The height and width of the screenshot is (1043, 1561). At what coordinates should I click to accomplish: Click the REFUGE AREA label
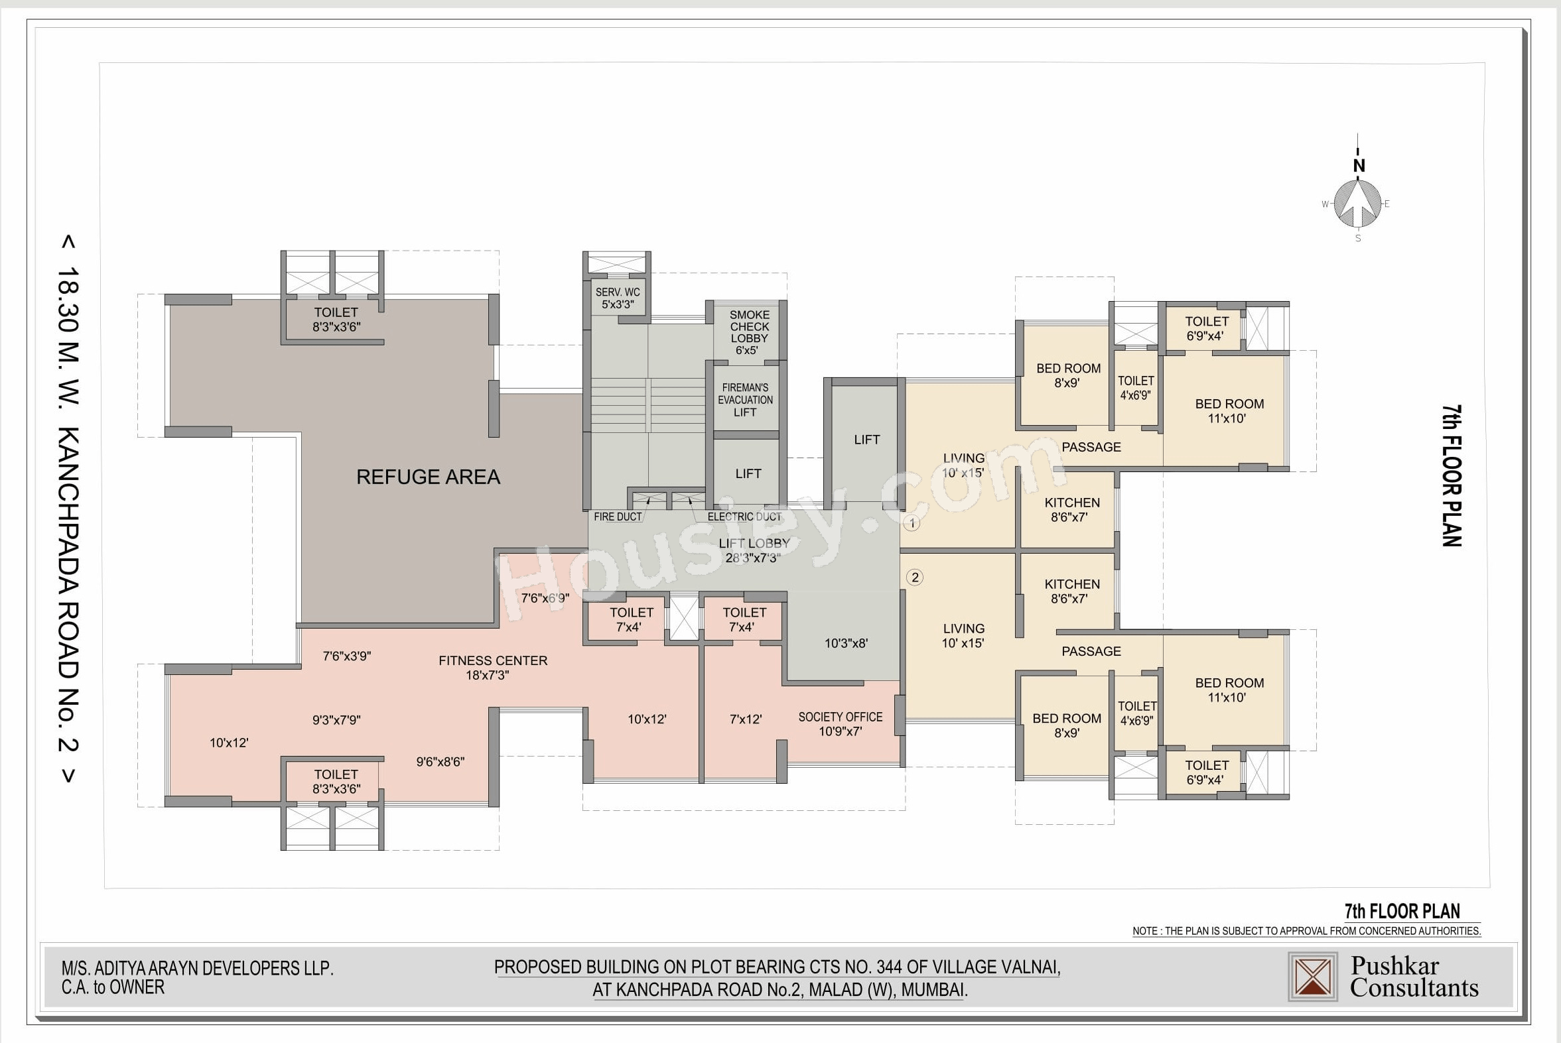pos(428,477)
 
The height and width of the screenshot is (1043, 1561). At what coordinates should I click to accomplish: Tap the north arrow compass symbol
pos(1358,203)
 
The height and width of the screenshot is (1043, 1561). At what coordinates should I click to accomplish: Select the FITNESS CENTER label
pos(493,660)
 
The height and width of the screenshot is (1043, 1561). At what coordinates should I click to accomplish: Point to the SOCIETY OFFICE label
pos(841,717)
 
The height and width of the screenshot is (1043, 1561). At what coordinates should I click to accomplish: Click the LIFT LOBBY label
pos(754,544)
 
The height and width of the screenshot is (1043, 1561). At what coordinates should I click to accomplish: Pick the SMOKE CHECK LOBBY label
pos(749,327)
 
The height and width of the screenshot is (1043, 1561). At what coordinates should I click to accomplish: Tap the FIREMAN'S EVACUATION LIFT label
pos(745,400)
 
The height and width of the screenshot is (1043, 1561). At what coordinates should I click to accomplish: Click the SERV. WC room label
pos(618,292)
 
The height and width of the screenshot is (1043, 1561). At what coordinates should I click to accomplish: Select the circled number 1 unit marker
pos(912,524)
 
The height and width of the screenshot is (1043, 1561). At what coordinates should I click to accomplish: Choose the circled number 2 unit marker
pos(915,578)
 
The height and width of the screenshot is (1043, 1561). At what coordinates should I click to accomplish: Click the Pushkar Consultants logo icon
pos(1312,977)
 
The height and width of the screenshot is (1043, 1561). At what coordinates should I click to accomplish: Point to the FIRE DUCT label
pos(618,517)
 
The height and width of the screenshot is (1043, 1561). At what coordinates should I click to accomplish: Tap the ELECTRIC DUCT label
pos(744,517)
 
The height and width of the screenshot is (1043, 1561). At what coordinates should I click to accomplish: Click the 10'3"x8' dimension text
pos(846,643)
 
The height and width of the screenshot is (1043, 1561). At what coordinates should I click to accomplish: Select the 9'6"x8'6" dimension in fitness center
pos(440,762)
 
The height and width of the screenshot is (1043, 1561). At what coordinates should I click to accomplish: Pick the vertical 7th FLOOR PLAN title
pos(1452,475)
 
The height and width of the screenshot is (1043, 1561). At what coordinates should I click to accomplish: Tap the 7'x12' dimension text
pos(745,719)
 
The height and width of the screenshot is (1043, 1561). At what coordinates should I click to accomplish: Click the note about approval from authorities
pos(1307,931)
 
